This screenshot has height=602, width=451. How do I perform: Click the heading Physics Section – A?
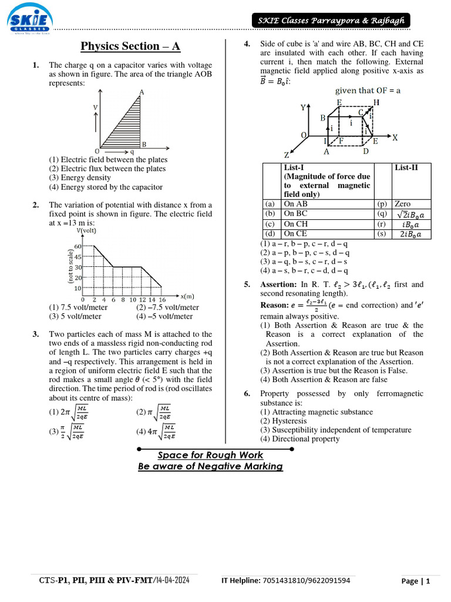[x=130, y=46]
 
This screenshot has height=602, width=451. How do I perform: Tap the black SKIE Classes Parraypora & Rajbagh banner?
[x=331, y=21]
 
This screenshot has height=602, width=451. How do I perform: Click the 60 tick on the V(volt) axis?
[x=78, y=246]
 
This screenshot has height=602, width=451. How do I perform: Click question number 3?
[x=36, y=334]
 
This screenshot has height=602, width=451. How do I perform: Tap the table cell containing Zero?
[x=403, y=204]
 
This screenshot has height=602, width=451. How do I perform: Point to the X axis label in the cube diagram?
[x=395, y=138]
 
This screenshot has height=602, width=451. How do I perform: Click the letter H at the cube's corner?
[x=376, y=102]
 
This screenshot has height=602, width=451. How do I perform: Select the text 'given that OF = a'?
[x=368, y=91]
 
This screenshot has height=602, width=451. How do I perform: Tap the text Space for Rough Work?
[x=210, y=455]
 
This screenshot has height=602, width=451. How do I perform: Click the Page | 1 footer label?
[x=416, y=581]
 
